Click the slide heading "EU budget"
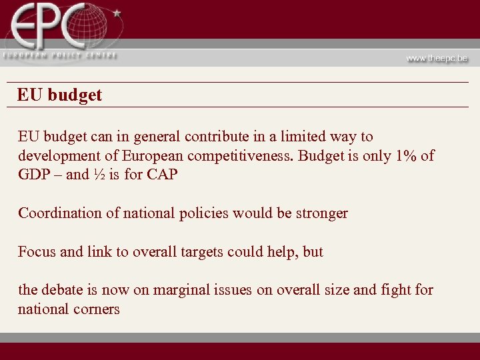(60, 95)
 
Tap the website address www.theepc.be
(437, 58)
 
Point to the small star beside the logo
(117, 13)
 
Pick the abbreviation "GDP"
(34, 175)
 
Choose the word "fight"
(396, 290)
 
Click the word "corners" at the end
(95, 309)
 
